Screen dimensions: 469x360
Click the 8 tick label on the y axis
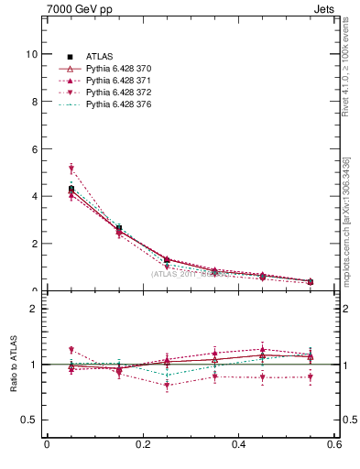(34, 102)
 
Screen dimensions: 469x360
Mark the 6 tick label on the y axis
(34, 149)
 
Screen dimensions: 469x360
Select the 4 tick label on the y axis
(34, 196)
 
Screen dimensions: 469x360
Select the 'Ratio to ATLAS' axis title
(14, 365)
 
